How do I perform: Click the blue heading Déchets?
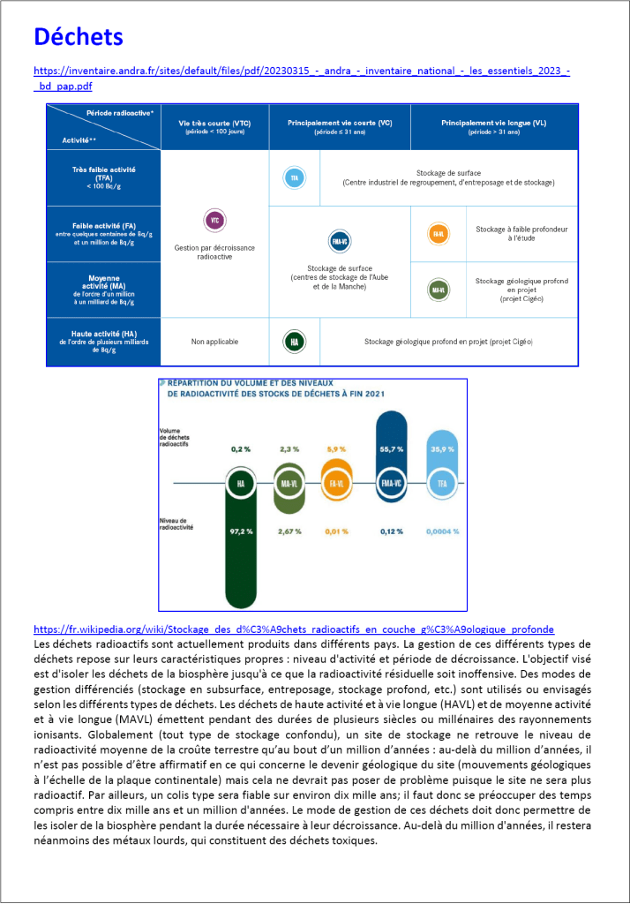pos(78,37)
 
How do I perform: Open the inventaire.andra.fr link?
pos(300,70)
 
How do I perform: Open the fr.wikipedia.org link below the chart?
pos(293,629)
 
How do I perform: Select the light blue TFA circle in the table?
pos(294,178)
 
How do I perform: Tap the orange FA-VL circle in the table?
pos(436,235)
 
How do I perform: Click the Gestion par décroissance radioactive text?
pos(214,252)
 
